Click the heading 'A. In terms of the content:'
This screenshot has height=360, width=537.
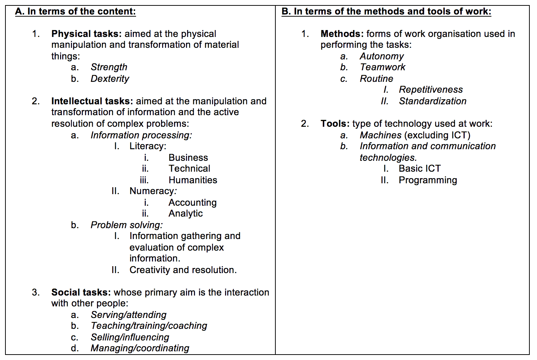click(x=75, y=12)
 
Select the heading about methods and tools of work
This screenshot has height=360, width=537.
click(x=386, y=12)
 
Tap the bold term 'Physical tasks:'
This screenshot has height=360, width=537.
click(x=86, y=34)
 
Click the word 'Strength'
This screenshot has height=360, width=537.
click(x=109, y=67)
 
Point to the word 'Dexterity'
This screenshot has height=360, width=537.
click(x=110, y=79)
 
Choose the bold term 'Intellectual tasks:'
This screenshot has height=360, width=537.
click(x=92, y=101)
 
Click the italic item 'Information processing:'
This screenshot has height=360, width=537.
click(x=141, y=135)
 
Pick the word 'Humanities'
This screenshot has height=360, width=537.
click(x=193, y=180)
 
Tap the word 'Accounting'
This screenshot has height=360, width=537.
click(x=193, y=203)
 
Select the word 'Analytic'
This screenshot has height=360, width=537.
click(x=186, y=214)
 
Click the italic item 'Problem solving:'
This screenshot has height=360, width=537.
click(x=127, y=225)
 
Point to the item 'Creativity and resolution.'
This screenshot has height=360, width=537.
click(x=183, y=270)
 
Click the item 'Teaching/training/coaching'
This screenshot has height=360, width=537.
click(x=149, y=326)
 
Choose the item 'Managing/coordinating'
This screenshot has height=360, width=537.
click(x=140, y=348)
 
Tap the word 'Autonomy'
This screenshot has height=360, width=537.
click(x=382, y=56)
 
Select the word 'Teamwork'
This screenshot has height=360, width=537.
click(x=382, y=67)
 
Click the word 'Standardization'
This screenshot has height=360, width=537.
click(x=433, y=101)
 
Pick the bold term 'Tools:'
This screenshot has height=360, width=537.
click(x=335, y=124)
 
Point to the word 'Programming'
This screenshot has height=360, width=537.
click(x=428, y=180)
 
